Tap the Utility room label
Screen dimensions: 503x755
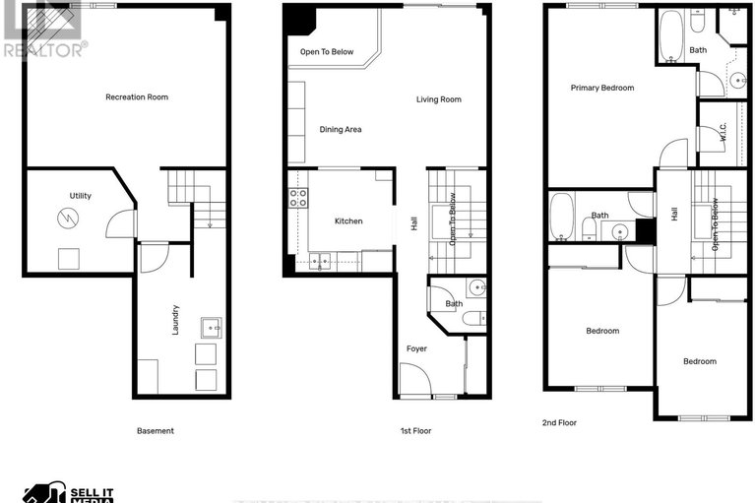point(80,196)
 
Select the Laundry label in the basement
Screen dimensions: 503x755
point(175,319)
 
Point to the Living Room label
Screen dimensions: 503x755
point(438,99)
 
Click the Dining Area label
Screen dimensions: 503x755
point(340,129)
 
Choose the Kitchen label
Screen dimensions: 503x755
point(348,221)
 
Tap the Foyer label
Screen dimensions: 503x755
point(417,348)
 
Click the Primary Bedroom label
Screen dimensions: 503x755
point(602,88)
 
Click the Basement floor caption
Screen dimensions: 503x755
point(155,430)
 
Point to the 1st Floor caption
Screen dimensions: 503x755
point(416,430)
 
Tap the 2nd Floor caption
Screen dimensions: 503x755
point(559,422)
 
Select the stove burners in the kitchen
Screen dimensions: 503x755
point(296,199)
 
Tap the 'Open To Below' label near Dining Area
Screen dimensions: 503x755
point(328,51)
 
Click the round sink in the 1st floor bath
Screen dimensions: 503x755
point(476,287)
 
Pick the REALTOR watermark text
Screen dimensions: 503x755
point(44,46)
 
